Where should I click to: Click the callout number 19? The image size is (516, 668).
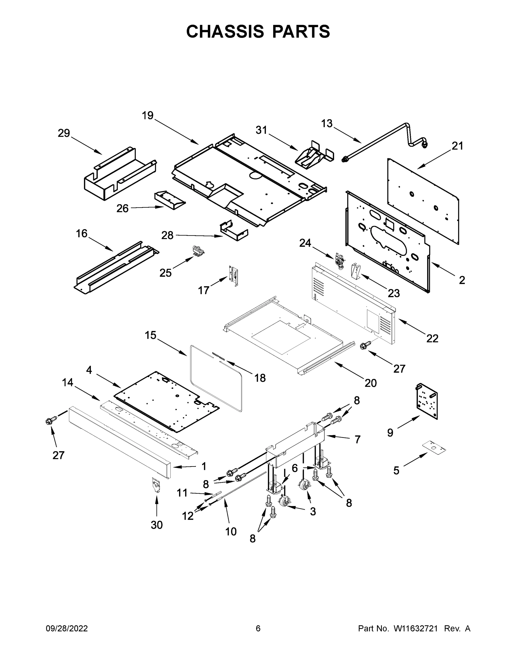pos(148,116)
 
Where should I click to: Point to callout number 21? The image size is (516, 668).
pos(458,146)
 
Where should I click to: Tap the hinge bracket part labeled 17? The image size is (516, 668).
pos(234,276)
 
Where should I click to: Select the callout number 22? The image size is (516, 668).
pos(432,338)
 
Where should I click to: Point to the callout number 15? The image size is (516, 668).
pos(150,335)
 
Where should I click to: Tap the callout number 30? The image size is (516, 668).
pos(157,525)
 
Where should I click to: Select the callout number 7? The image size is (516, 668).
pos(358,439)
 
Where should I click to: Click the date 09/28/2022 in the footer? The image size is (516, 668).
pos(67,628)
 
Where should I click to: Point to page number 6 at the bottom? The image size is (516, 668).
pos(258,628)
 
